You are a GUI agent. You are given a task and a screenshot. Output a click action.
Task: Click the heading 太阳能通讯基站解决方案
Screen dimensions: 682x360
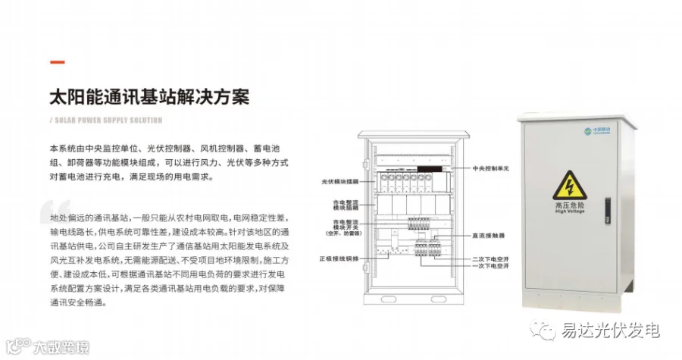tap(149, 97)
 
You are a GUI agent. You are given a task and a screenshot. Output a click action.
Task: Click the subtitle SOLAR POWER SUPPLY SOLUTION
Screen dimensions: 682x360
tap(108, 120)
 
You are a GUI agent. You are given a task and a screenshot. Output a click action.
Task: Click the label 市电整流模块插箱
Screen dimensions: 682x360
tap(343, 205)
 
